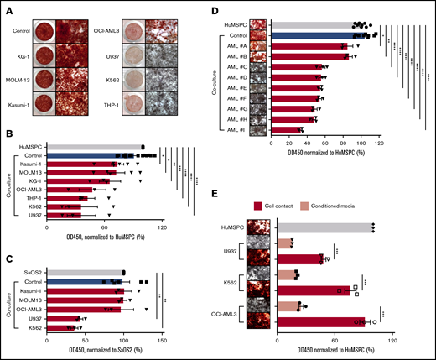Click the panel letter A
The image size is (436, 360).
pos(7,8)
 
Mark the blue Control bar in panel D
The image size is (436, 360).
pos(318,36)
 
